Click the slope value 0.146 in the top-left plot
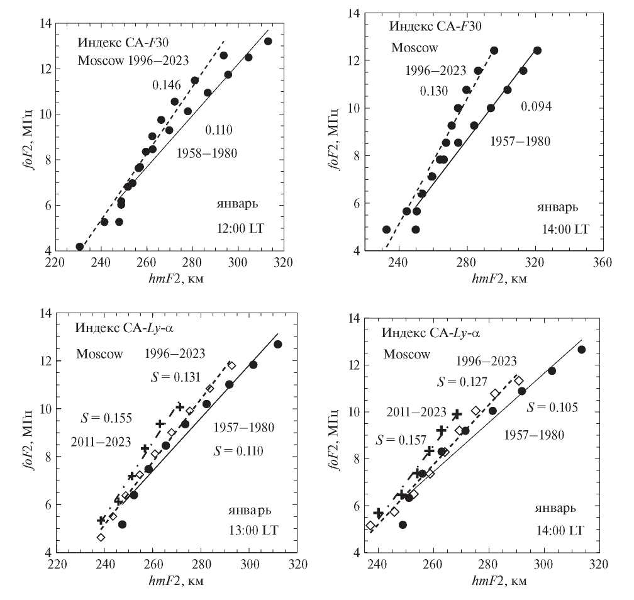pyautogui.click(x=166, y=84)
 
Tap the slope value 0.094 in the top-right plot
pyautogui.click(x=536, y=106)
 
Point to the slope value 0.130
pyautogui.click(x=434, y=91)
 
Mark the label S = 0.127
pyautogui.click(x=465, y=382)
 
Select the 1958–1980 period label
pyautogui.click(x=206, y=153)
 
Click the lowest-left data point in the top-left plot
pyautogui.click(x=80, y=247)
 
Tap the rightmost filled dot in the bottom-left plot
pyautogui.click(x=277, y=344)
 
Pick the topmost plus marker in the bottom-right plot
pyautogui.click(x=457, y=414)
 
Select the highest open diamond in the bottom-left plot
pyautogui.click(x=231, y=365)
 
